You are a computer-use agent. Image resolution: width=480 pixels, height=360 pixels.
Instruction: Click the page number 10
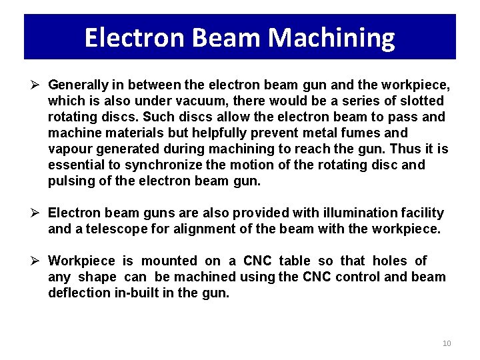pyautogui.click(x=447, y=343)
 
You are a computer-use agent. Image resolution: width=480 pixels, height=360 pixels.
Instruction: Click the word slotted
pyautogui.click(x=421, y=101)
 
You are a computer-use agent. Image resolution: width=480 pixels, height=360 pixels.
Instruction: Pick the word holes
pyautogui.click(x=389, y=261)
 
